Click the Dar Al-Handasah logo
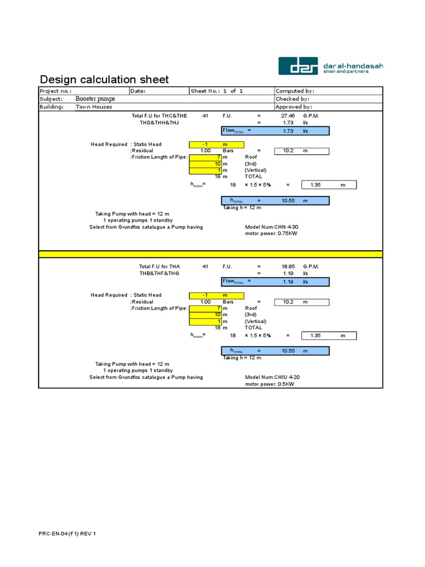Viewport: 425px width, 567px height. [330, 66]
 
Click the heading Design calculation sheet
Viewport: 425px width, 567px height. [105, 80]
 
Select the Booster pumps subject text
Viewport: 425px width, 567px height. [95, 99]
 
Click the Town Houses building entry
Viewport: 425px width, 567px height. [94, 107]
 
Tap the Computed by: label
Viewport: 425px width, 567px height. [295, 91]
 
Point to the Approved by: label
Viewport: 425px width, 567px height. [294, 107]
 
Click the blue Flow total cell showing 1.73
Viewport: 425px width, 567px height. [275, 131]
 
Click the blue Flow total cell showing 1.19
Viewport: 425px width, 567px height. [275, 282]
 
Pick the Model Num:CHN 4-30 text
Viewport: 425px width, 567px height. [272, 227]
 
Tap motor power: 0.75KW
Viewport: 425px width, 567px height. [271, 234]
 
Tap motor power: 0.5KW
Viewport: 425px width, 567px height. [269, 384]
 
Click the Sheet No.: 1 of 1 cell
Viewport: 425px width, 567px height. [217, 91]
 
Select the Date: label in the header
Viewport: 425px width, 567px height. [138, 91]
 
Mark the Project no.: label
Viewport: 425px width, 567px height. [55, 91]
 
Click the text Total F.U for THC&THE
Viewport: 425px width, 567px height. [159, 116]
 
